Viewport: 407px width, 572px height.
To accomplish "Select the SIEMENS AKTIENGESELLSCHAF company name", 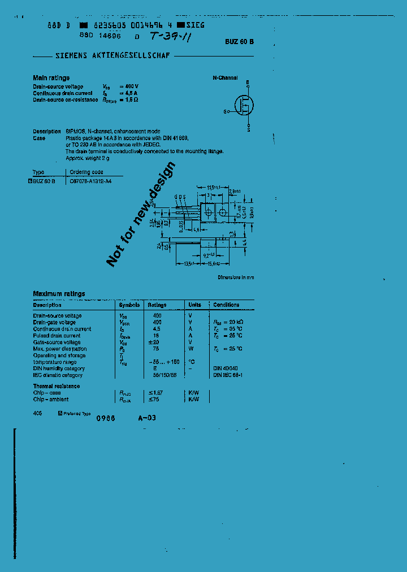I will pyautogui.click(x=112, y=56).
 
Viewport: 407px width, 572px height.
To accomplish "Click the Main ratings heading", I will pyautogui.click(x=51, y=78).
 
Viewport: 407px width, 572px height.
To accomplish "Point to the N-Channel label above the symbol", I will pyautogui.click(x=225, y=78).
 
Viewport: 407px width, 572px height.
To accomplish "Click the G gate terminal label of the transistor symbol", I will pyautogui.click(x=225, y=112).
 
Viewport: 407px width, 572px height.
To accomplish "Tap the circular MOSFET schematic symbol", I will pyautogui.click(x=244, y=105).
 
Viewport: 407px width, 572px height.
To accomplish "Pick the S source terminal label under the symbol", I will pyautogui.click(x=249, y=129).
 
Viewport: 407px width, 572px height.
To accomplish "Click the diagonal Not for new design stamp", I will pyautogui.click(x=141, y=214).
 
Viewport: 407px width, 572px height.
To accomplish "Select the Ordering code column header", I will pyautogui.click(x=86, y=172).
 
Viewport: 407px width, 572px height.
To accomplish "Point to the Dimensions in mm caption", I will pyautogui.click(x=236, y=278).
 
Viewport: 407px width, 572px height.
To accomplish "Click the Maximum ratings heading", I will pyautogui.click(x=59, y=294).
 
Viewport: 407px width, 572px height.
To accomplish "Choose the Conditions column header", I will pyautogui.click(x=226, y=305).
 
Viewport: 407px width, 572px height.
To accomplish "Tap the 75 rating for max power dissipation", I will pyautogui.click(x=157, y=349).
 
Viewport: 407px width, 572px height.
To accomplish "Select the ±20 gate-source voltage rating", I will pyautogui.click(x=157, y=342).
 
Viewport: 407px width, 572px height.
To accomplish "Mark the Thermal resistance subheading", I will pyautogui.click(x=57, y=386).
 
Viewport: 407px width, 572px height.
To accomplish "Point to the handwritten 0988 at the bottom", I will pyautogui.click(x=106, y=419).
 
